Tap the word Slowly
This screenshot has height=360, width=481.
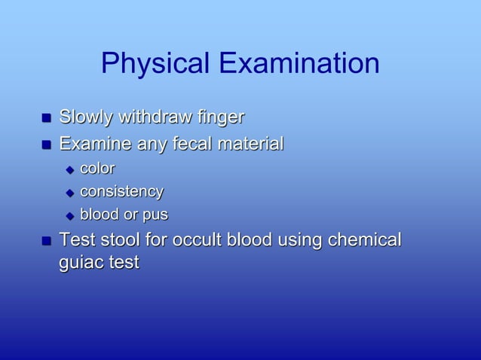(85, 118)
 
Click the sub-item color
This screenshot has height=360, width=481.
(97, 168)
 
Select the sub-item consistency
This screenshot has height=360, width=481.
(121, 192)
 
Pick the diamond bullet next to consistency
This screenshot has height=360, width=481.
(70, 193)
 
